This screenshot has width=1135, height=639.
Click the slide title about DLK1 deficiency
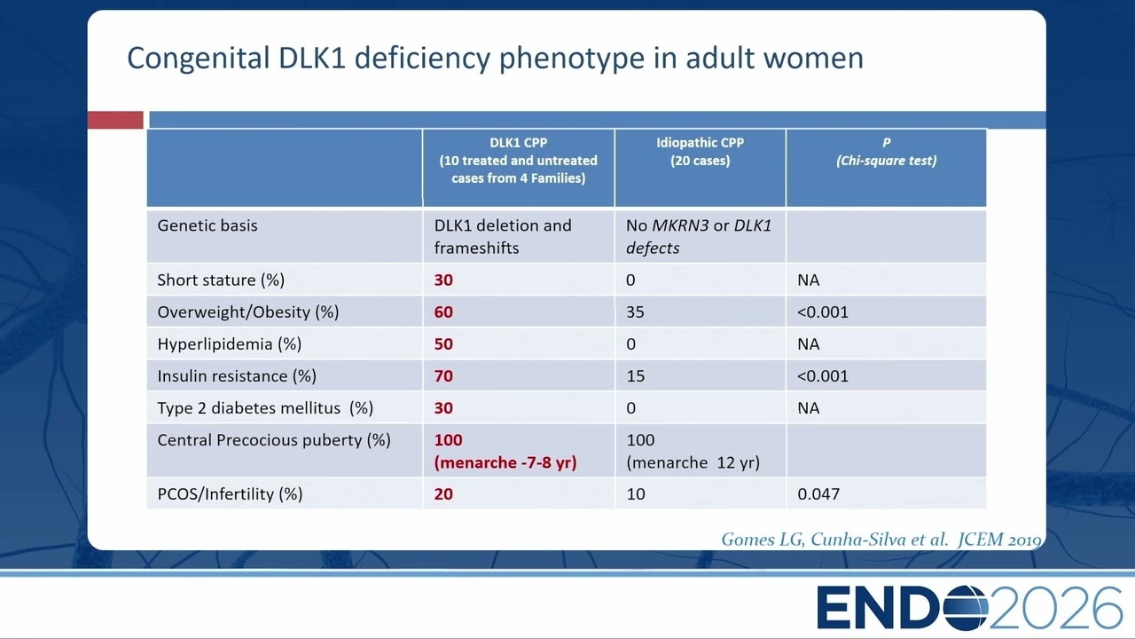[x=495, y=59]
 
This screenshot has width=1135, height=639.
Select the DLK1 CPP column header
[x=519, y=161]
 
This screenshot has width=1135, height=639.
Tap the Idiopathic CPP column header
[x=701, y=152]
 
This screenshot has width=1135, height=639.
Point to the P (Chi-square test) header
[x=886, y=152]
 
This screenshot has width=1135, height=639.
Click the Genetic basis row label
[x=207, y=225]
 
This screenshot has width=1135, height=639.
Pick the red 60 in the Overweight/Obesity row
[x=443, y=312]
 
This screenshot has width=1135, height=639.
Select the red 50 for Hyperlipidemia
[x=443, y=343]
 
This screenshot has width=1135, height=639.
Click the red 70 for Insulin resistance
[x=443, y=375]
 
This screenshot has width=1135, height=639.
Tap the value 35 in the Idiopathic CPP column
[x=636, y=312]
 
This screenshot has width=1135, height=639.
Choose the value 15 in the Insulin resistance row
[x=636, y=375]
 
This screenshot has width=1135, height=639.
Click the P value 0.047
[x=818, y=494]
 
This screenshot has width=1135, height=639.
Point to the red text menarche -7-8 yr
[x=505, y=462]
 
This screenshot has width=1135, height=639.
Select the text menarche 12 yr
[x=693, y=462]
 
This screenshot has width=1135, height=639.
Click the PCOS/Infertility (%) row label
[x=230, y=494]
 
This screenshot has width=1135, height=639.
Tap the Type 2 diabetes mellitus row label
[x=265, y=408]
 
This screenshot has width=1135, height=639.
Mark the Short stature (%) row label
[x=221, y=280]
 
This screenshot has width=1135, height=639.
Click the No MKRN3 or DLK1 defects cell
[x=699, y=236]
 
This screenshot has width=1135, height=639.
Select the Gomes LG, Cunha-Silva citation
[x=881, y=539]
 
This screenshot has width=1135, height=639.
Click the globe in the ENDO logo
[x=966, y=608]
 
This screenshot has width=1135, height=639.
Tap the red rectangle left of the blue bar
[x=115, y=120]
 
